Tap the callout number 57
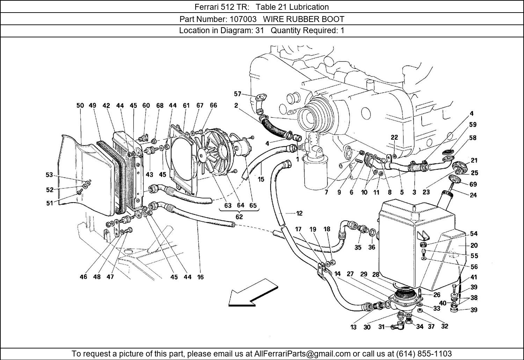pos(238,94)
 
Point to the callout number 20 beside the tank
pos(474,245)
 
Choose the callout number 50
pos(80,105)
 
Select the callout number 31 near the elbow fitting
pos(381,327)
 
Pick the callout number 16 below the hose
pos(200,277)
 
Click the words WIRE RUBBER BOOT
pos(304,19)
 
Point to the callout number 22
pos(394,138)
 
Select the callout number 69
pos(473,184)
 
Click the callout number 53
pos(49,175)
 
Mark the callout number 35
pos(358,247)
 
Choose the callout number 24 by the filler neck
pos(473,195)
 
